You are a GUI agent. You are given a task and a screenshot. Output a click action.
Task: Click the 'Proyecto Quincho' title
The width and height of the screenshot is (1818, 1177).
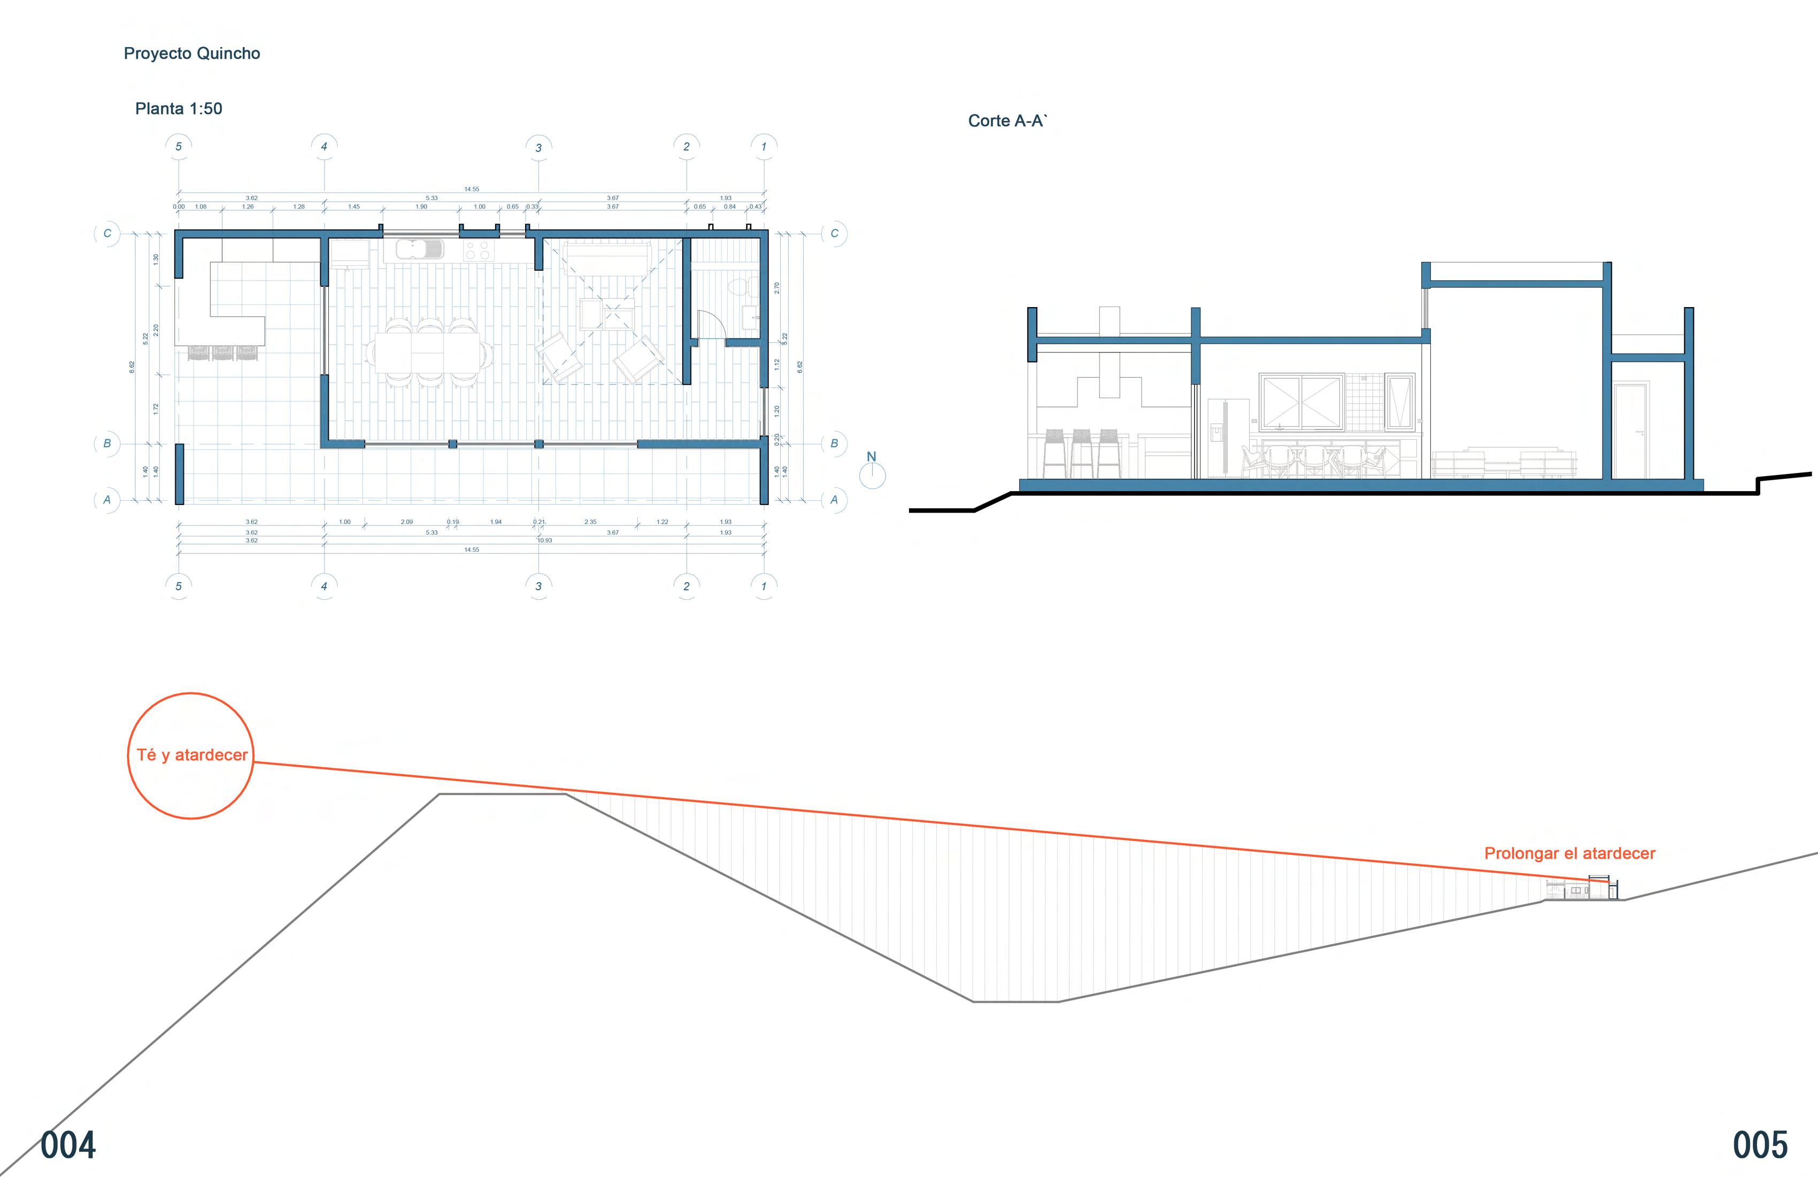192,53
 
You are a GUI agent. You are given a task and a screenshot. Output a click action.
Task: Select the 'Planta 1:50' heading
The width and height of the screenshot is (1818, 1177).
179,109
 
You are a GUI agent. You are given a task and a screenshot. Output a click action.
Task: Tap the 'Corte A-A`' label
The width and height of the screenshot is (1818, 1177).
1007,121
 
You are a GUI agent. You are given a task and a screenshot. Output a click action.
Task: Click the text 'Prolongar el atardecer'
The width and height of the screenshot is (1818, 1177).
1570,853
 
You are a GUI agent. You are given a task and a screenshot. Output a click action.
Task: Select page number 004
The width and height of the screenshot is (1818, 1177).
68,1145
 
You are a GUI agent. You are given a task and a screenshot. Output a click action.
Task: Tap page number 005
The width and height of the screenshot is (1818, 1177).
1760,1145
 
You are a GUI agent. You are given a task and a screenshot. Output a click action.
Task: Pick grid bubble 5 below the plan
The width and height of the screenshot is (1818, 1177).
179,586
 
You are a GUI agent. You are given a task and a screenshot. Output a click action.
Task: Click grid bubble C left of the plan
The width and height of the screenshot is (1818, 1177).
107,233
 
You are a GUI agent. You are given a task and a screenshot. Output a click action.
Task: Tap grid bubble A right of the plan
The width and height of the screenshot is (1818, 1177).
834,500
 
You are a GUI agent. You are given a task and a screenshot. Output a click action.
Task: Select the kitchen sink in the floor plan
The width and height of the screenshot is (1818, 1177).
419,249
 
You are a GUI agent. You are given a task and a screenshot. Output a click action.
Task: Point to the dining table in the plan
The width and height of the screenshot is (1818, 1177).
428,353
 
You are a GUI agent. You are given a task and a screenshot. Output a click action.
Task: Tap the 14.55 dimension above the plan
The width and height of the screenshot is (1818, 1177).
471,189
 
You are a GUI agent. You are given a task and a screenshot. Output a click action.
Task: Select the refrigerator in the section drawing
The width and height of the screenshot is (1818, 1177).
1227,438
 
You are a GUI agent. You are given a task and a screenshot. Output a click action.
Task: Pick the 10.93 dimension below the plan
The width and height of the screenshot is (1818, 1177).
544,540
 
